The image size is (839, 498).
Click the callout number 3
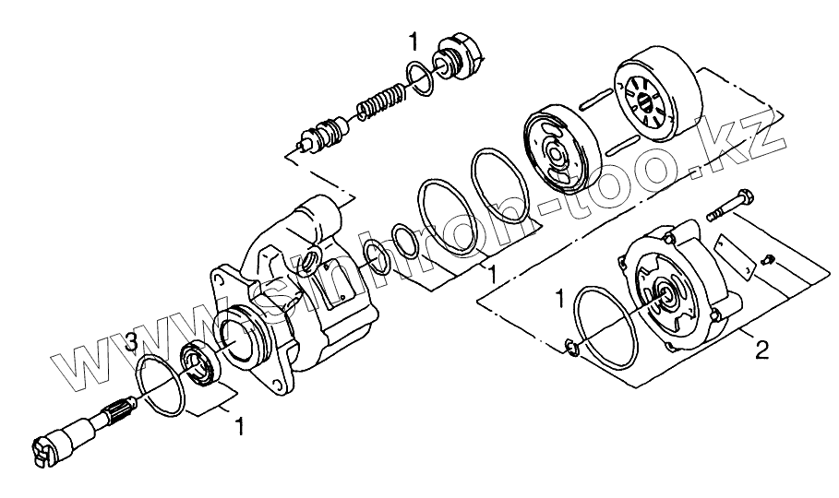pyautogui.click(x=133, y=340)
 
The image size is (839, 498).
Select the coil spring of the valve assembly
pyautogui.click(x=381, y=101)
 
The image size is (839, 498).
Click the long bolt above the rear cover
pyautogui.click(x=730, y=206)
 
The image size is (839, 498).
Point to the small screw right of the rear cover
pyautogui.click(x=768, y=260)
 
